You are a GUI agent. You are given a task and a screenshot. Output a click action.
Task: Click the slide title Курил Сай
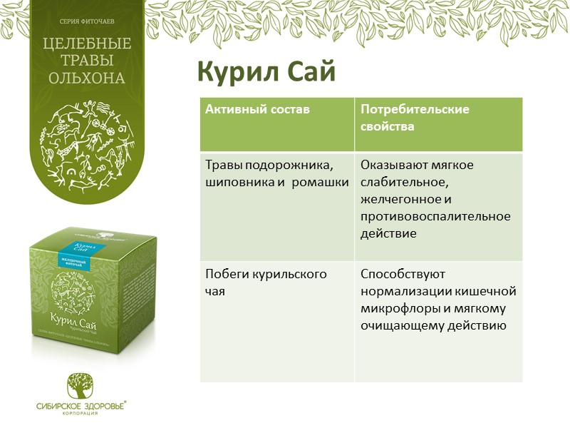[266, 71]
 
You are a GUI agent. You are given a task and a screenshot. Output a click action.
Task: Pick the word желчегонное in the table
[396, 198]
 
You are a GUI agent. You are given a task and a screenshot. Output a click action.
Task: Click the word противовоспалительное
[435, 215]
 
